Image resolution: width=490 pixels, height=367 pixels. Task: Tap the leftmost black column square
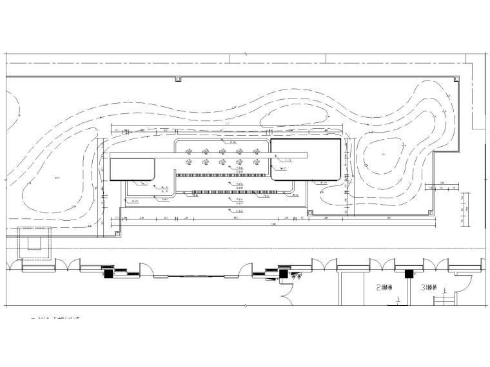click(x=108, y=274)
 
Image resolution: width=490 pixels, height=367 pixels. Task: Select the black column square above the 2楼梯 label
click(x=408, y=274)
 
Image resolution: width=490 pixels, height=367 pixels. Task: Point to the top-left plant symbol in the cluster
click(x=189, y=152)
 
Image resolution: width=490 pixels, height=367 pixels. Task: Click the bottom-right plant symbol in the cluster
click(x=256, y=162)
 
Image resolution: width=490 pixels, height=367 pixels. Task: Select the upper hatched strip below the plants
click(x=222, y=174)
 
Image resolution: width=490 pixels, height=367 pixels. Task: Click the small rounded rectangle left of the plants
click(x=132, y=169)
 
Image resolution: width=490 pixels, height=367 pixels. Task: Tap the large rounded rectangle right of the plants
click(x=306, y=160)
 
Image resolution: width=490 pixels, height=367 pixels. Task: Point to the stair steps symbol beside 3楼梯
click(x=446, y=299)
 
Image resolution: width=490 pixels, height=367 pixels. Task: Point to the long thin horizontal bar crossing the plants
click(x=210, y=155)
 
